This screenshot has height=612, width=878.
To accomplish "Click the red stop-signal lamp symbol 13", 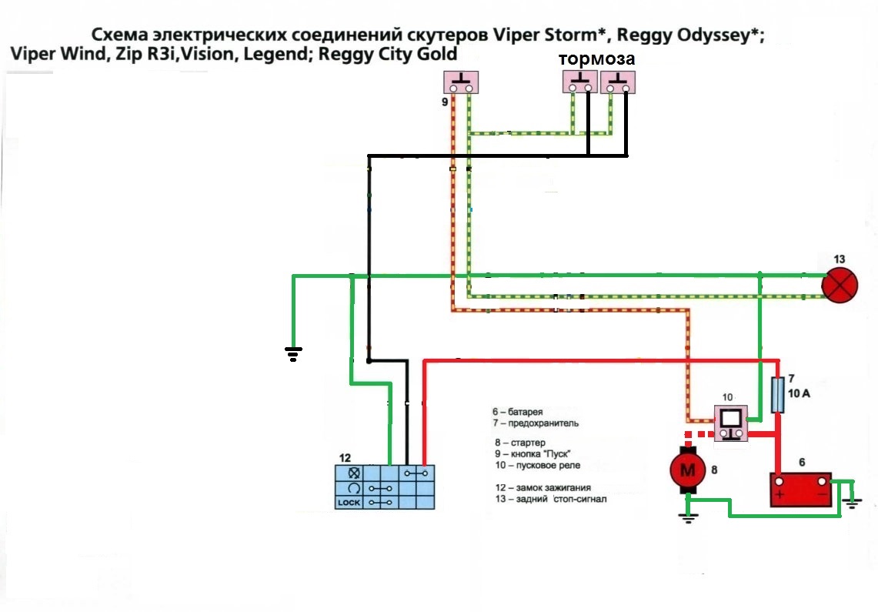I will [840, 286].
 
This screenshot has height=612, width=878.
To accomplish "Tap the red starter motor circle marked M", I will [689, 470].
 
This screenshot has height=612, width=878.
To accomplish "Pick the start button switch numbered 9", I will [461, 82].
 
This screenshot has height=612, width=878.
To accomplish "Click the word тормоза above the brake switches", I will [596, 59].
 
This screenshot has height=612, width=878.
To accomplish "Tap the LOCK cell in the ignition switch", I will [348, 502].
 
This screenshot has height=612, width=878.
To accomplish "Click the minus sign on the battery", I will [821, 493].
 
